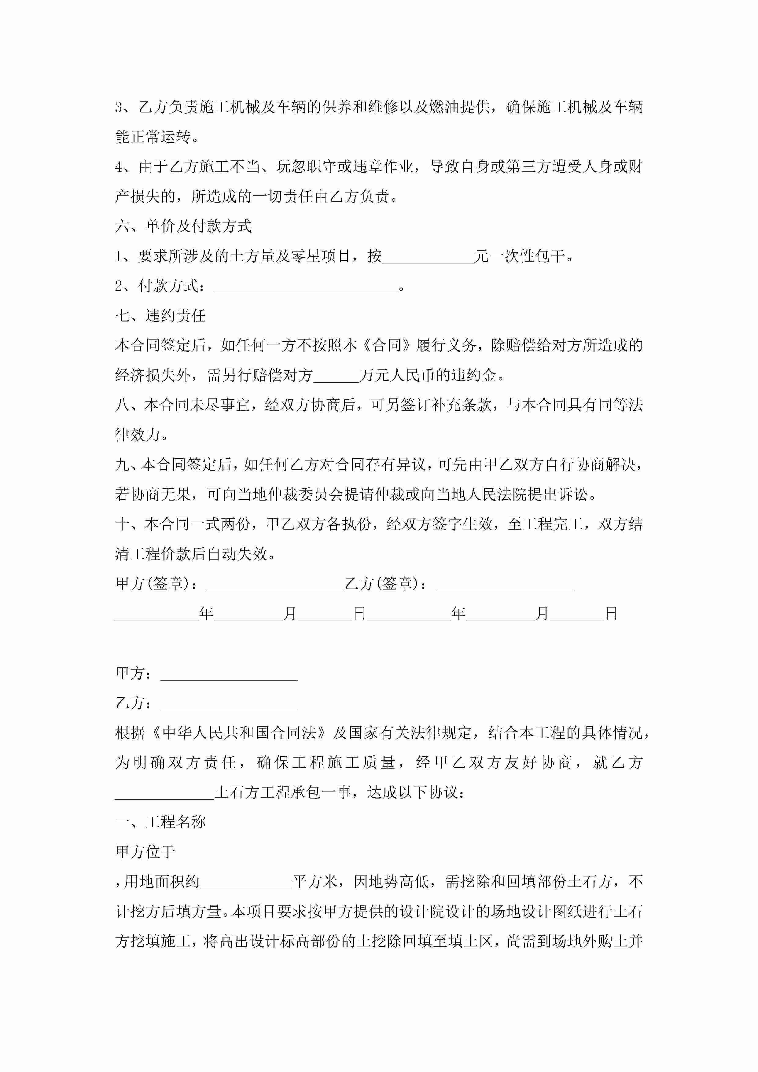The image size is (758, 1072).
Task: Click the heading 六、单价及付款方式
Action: coord(184,226)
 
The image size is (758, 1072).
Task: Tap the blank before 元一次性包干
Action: coord(428,257)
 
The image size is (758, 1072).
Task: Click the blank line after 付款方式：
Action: coord(305,287)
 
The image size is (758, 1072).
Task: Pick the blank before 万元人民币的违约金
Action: coord(336,376)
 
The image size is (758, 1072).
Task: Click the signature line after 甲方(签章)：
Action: coord(275,585)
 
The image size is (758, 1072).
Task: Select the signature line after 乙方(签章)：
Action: coord(504,585)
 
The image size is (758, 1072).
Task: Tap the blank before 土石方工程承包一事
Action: coord(164,793)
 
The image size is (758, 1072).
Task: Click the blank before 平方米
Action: coord(246,882)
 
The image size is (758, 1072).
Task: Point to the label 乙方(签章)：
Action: coord(386,584)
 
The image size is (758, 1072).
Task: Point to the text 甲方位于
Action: coord(145,852)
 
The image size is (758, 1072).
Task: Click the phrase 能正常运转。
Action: coord(157,137)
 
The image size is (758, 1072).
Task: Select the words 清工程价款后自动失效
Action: coord(191,554)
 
